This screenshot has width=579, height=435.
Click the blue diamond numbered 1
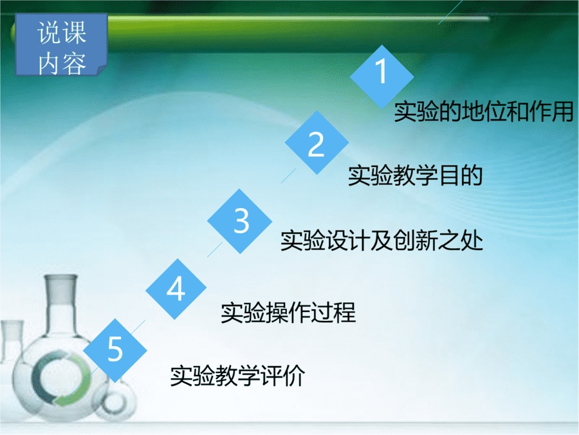point(381,77)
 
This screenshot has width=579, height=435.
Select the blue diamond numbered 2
point(317,142)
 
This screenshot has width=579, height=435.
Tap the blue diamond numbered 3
point(240,221)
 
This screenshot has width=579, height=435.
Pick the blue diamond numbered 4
point(176,289)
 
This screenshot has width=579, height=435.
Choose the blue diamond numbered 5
point(115,351)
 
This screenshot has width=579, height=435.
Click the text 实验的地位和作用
point(483,111)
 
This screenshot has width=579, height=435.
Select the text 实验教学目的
point(416,175)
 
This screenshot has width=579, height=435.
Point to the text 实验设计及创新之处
point(381,240)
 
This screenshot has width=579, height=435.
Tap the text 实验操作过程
point(288,313)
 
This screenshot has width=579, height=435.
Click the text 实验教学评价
point(237,376)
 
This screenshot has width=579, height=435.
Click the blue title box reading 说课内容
point(61,44)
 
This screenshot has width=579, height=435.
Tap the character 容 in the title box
point(74,63)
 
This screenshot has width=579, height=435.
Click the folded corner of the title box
point(102,70)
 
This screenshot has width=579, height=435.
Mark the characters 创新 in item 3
point(416,240)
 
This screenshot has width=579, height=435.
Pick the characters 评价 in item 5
point(283,376)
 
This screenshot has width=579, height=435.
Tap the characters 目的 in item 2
point(461,175)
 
